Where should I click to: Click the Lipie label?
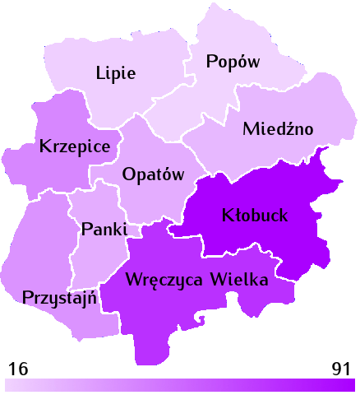pyautogui.click(x=116, y=72)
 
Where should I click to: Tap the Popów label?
pyautogui.click(x=233, y=62)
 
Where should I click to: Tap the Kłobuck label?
pyautogui.click(x=255, y=216)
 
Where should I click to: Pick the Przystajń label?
pyautogui.click(x=62, y=297)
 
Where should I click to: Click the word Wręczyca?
pyautogui.click(x=163, y=280)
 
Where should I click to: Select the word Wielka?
pyautogui.click(x=239, y=279)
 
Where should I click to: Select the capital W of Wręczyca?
pyautogui.click(x=132, y=279)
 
